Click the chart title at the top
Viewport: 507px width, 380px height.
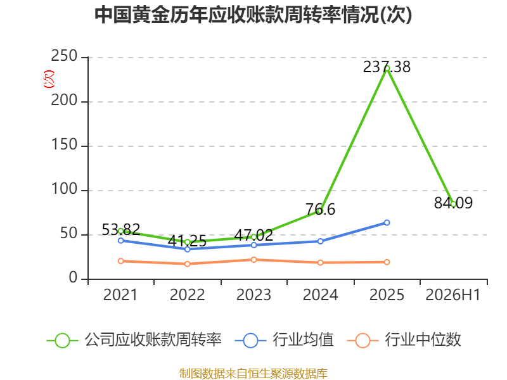pyautogui.click(x=253, y=15)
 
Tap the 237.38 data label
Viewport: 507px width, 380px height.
pyautogui.click(x=387, y=67)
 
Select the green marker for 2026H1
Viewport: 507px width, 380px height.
pyautogui.click(x=453, y=204)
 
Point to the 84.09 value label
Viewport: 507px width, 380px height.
pyautogui.click(x=453, y=203)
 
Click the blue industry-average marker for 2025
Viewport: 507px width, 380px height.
pyautogui.click(x=387, y=223)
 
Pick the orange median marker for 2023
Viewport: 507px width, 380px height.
pyautogui.click(x=254, y=260)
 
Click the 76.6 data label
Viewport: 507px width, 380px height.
pyautogui.click(x=321, y=210)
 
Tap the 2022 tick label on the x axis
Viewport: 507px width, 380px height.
pyautogui.click(x=187, y=295)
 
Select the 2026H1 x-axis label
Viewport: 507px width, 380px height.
pyautogui.click(x=452, y=295)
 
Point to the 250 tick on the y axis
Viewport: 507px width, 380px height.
pyautogui.click(x=64, y=56)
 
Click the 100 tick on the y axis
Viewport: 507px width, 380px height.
pyautogui.click(x=64, y=189)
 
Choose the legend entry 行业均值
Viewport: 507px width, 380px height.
pyautogui.click(x=284, y=340)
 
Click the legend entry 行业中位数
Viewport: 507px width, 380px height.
pyautogui.click(x=404, y=340)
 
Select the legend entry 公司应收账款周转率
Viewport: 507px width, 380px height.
pyautogui.click(x=134, y=340)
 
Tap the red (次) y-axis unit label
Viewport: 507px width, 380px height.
pyautogui.click(x=49, y=79)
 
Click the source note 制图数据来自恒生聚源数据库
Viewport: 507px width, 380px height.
pyautogui.click(x=253, y=374)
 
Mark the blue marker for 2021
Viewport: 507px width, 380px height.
pyautogui.click(x=121, y=241)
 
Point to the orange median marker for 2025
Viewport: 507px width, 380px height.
pyautogui.click(x=387, y=262)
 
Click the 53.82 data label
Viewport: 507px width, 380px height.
pyautogui.click(x=121, y=230)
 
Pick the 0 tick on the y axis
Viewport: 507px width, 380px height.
pyautogui.click(x=73, y=277)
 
